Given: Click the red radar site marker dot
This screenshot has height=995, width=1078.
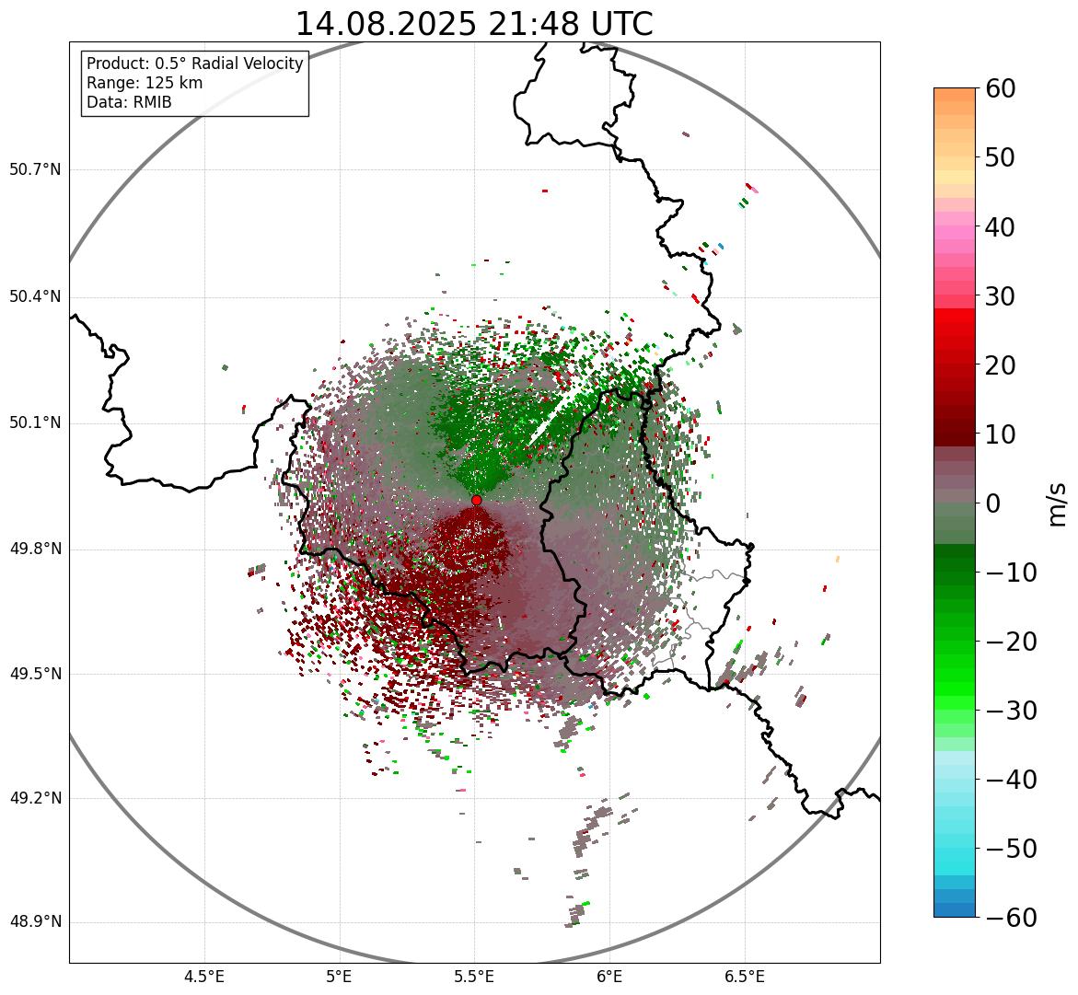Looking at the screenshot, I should point(476,500).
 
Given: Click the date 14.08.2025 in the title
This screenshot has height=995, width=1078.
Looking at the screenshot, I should point(385,24).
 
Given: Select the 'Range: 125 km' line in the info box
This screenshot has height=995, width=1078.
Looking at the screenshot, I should point(145,83).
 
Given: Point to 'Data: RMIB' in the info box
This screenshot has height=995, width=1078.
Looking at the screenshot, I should point(129,102).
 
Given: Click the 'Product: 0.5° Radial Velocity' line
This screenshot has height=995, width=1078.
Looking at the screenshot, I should point(194,64).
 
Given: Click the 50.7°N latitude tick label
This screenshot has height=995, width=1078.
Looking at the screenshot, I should point(35,169).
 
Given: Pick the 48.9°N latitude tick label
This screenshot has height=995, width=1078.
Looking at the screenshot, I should point(35,922).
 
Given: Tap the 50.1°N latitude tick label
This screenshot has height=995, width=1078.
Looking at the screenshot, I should point(35,423).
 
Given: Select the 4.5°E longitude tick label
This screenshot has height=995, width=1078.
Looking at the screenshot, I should point(204,977).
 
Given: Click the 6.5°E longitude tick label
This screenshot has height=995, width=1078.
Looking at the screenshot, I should point(744,977).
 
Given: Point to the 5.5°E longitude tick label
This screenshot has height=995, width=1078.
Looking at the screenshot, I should point(474,977).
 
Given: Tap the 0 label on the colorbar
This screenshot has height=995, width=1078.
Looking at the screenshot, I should point(993,503).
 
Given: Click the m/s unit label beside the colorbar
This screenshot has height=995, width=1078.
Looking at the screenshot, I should point(1057,503).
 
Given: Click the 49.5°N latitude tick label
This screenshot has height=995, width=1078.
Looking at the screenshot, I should point(35,674).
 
